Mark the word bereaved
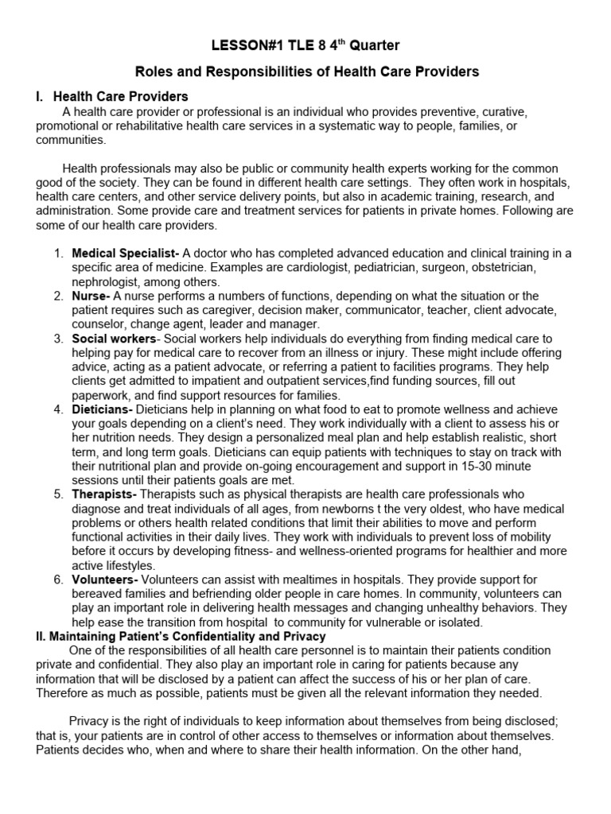pyautogui.click(x=99, y=594)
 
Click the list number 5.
pyautogui.click(x=58, y=494)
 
